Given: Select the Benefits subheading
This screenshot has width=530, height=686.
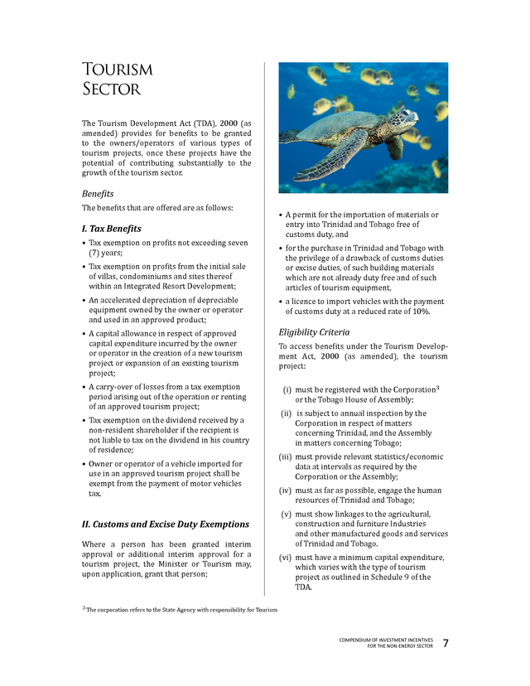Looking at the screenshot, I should coord(97,193).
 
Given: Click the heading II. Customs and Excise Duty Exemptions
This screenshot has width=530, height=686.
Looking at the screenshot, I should coord(166,524).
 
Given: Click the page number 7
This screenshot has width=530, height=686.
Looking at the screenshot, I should coord(446,644).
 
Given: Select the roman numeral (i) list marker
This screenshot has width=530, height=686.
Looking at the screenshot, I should coord(287,389).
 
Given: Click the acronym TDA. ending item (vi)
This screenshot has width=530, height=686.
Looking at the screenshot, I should coord(303,587).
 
